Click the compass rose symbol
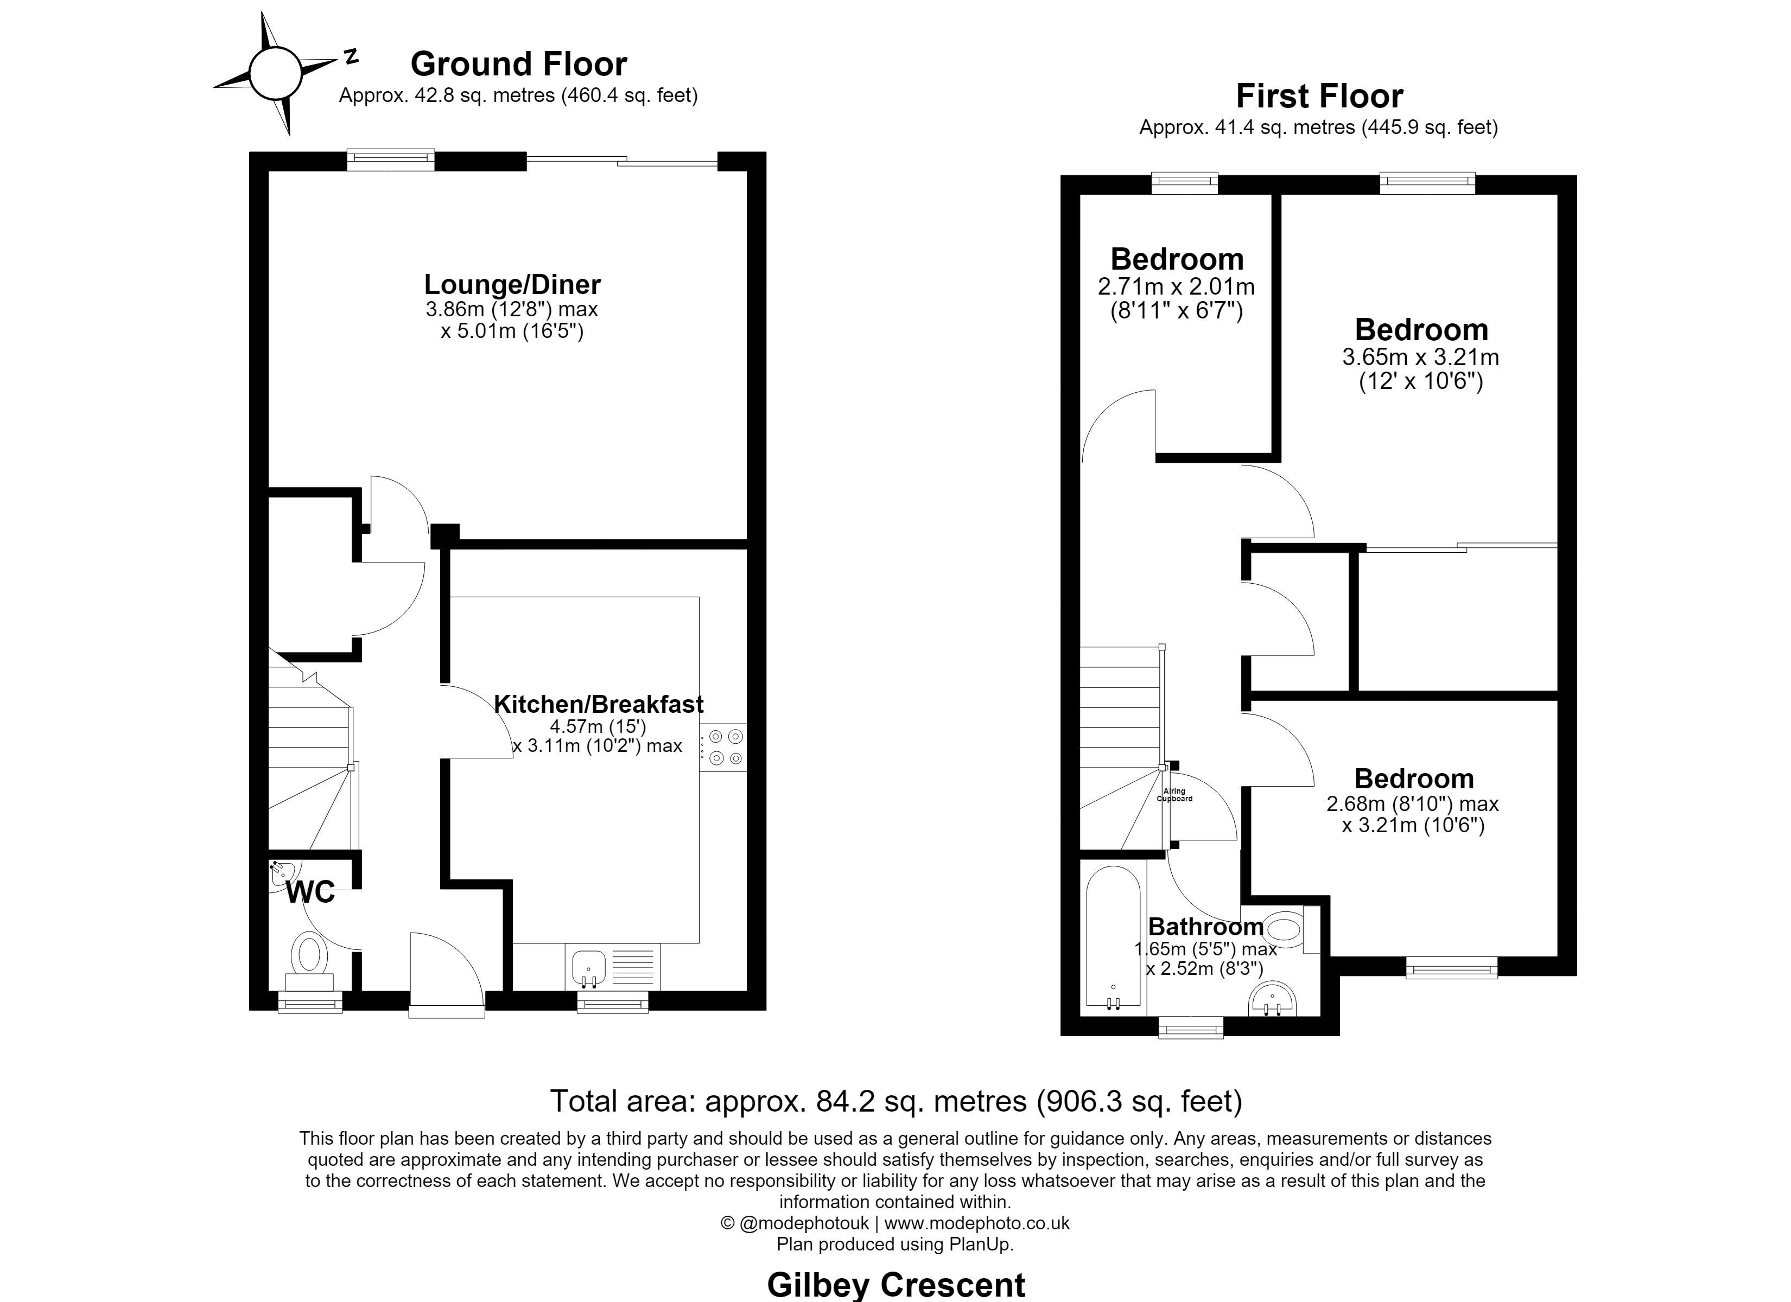(x=276, y=73)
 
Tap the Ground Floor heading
(x=519, y=63)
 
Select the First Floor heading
(x=1319, y=97)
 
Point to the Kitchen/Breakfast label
(x=599, y=704)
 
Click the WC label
(x=310, y=892)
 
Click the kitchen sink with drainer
(x=613, y=966)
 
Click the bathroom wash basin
(x=1272, y=999)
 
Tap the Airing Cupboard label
(x=1174, y=795)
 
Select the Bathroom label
(x=1206, y=926)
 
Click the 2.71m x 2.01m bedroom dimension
(x=1176, y=286)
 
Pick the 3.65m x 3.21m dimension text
(x=1421, y=357)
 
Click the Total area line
(x=896, y=1101)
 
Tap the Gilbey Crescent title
(x=896, y=1285)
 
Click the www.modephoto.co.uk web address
(x=977, y=1223)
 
